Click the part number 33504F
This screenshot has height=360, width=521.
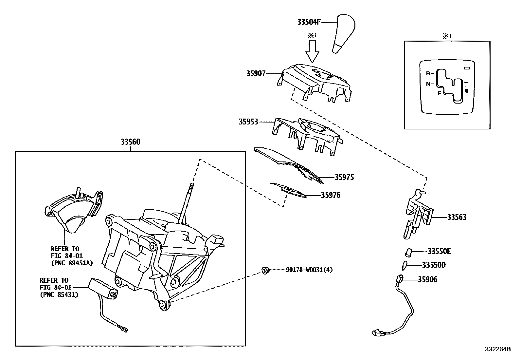(309, 22)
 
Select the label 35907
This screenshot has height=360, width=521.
(256, 74)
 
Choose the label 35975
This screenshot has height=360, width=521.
(344, 178)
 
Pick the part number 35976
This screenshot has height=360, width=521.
(331, 195)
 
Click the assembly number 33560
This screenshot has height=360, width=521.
(130, 142)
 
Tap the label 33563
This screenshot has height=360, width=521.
(457, 217)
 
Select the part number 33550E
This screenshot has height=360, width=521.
(439, 252)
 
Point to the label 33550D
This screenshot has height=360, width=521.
(434, 265)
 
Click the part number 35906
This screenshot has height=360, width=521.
(427, 280)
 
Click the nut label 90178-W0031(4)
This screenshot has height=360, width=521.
(309, 270)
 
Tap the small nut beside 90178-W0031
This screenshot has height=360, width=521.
(265, 270)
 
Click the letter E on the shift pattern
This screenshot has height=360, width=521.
(440, 93)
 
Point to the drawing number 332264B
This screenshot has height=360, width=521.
(497, 349)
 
